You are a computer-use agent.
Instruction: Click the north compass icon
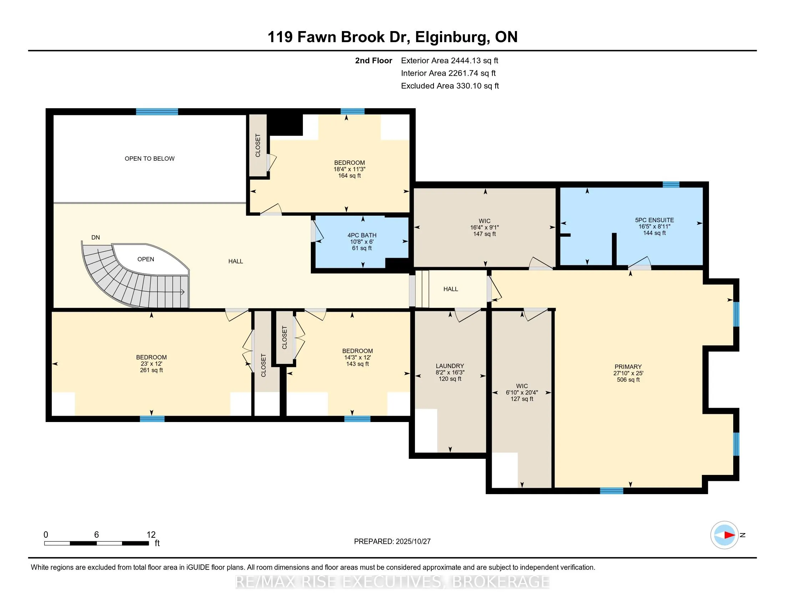[x=724, y=535]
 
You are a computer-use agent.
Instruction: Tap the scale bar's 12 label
[x=151, y=535]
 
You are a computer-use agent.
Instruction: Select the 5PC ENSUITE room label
[x=654, y=220]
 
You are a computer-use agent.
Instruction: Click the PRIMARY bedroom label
[x=628, y=367]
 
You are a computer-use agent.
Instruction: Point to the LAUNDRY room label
[x=450, y=366]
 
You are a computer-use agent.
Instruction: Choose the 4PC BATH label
[x=361, y=235]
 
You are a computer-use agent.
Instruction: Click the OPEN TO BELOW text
[x=150, y=159]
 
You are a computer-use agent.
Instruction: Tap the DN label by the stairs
[x=96, y=237]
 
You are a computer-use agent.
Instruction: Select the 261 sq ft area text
[x=151, y=370]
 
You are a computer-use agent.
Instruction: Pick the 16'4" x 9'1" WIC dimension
[x=485, y=227]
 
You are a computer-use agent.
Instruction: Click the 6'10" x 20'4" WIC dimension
[x=522, y=392]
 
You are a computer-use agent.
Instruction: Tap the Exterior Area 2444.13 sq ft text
[x=449, y=60]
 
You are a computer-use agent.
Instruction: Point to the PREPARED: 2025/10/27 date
[x=392, y=541]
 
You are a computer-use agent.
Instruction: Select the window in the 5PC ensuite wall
[x=671, y=185]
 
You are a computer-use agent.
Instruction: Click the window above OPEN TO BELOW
[x=157, y=111]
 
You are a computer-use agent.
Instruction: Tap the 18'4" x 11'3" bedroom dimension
[x=349, y=169]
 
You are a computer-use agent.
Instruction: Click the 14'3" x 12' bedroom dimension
[x=357, y=357]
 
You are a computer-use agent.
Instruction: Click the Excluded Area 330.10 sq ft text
[x=450, y=86]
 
